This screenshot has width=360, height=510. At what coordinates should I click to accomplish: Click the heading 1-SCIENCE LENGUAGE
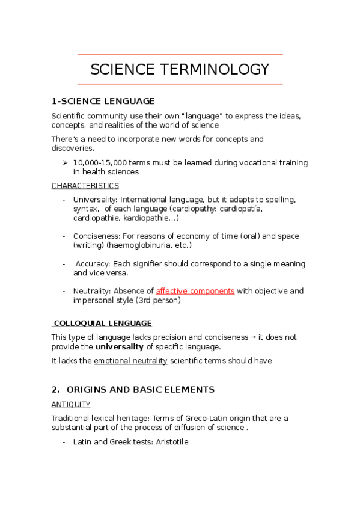103,101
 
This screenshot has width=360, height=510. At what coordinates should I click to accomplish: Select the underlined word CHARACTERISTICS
85,186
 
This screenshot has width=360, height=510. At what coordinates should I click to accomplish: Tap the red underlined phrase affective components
195,291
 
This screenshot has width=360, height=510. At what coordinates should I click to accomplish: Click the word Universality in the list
93,200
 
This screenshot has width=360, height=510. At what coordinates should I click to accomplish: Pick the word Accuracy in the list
93,264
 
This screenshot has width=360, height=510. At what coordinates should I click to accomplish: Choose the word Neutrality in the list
91,291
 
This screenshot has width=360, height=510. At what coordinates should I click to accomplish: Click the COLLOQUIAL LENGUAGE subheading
102,323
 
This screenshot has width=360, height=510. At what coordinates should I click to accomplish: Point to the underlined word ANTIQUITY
71,405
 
